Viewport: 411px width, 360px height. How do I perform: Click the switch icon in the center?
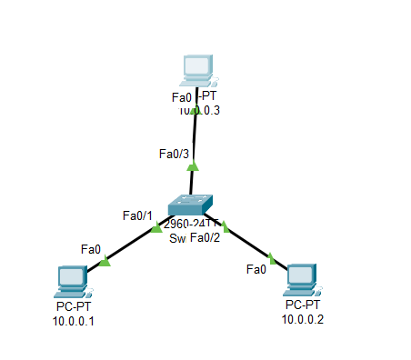(191, 205)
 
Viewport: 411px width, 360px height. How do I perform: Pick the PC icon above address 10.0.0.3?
(196, 69)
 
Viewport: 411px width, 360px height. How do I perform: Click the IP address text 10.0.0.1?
(73, 320)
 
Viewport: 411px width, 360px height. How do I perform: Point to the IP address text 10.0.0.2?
(302, 318)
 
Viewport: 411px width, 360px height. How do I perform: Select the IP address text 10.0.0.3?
(199, 110)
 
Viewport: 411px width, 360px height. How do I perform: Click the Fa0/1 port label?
(137, 215)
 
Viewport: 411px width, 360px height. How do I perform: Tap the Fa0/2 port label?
(205, 238)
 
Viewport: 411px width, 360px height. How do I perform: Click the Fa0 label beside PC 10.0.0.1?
(90, 249)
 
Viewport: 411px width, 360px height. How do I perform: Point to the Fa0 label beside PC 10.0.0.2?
(256, 269)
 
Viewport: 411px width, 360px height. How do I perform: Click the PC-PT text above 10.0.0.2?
(302, 305)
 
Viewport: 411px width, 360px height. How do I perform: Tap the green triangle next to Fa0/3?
(193, 165)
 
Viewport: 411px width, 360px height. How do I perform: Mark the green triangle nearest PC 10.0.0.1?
(104, 262)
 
